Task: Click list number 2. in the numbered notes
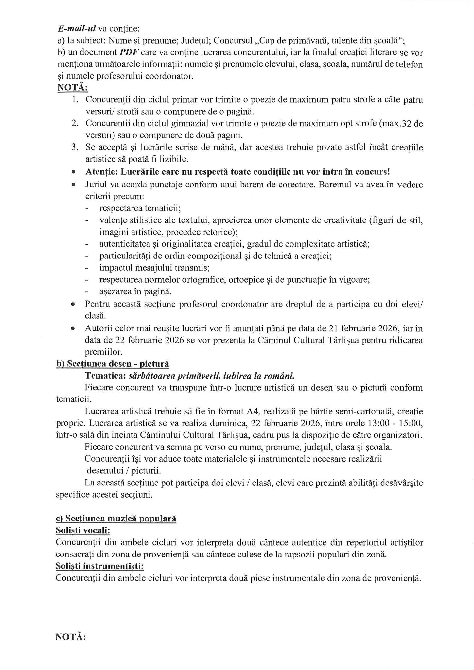(75, 123)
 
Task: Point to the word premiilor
(104, 352)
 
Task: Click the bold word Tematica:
(105, 376)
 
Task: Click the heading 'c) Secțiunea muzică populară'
(116, 519)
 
